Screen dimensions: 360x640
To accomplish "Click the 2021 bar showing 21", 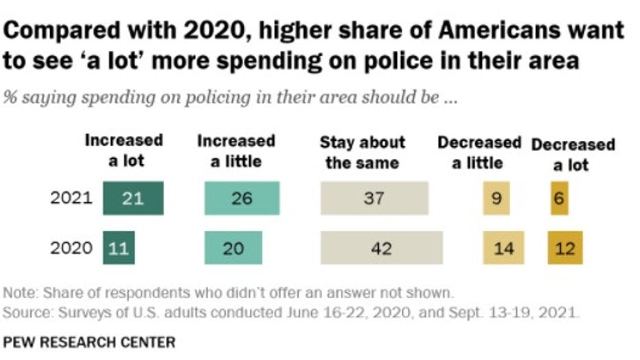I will point(133,199).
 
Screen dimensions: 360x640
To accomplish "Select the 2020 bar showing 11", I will point(119,248).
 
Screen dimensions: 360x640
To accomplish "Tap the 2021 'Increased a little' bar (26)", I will point(242,199).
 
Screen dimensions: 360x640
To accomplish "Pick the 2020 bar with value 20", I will point(233,248).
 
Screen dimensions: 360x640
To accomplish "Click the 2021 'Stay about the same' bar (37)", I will point(374,199).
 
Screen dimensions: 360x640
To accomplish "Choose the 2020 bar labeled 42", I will point(381,248).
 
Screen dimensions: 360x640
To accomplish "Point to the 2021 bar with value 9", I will point(496,199).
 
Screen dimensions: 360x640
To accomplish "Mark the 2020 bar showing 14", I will point(503,248).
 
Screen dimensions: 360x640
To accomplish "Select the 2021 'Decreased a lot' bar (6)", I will point(559,199).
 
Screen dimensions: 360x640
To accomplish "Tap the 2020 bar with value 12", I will point(564,248).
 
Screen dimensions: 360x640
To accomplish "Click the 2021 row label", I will point(71,199).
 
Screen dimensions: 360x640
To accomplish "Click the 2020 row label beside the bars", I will point(71,248).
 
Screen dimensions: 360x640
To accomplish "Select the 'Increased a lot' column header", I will point(124,151).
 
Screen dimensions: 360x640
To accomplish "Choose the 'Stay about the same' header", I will point(363,153).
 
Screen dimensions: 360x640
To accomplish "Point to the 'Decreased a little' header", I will point(479,153).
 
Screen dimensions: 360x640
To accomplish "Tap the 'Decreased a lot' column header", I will point(573,155).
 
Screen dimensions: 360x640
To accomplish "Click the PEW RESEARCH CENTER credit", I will point(89,341).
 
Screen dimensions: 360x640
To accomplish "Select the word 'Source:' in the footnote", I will point(25,314).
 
